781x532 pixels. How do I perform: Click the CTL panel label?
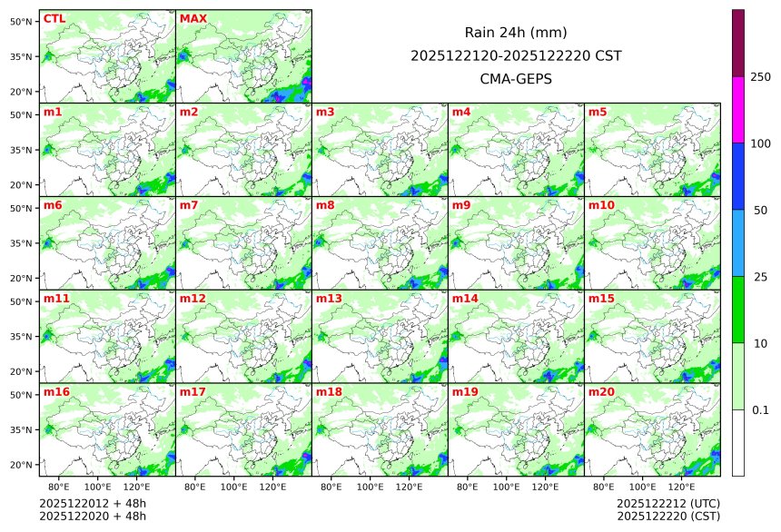point(54,19)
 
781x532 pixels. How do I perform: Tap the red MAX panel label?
point(193,19)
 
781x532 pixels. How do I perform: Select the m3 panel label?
point(325,113)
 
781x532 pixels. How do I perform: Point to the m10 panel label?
point(601,205)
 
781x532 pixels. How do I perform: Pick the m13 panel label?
point(329,299)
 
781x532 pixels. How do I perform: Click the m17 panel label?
point(193,391)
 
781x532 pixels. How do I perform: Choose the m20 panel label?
point(601,391)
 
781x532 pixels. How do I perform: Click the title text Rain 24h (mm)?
point(516,33)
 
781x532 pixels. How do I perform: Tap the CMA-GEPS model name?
point(516,78)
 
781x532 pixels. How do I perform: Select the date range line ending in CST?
point(516,55)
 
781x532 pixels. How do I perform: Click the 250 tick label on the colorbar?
point(761,77)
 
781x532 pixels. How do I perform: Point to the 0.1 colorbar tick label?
point(761,410)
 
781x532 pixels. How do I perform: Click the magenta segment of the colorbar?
point(738,109)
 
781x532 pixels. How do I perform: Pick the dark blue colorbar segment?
point(738,176)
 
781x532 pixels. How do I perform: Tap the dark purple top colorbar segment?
point(738,43)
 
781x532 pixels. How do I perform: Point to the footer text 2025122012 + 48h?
point(93,503)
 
